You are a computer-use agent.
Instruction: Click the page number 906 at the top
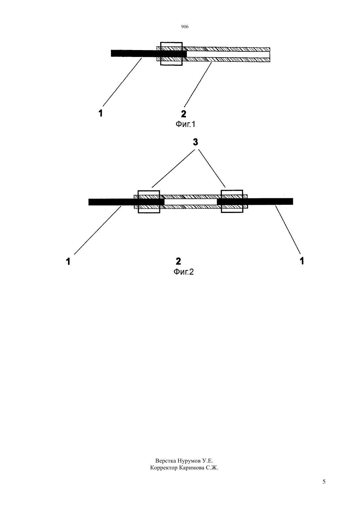click(x=185, y=26)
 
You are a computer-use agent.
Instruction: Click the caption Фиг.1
click(x=185, y=124)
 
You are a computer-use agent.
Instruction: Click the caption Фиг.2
click(x=184, y=272)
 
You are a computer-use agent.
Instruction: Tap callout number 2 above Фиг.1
click(x=184, y=114)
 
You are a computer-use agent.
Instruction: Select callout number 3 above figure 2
click(x=195, y=142)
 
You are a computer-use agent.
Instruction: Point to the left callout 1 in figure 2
click(x=68, y=262)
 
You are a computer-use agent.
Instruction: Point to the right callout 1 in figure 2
click(x=302, y=261)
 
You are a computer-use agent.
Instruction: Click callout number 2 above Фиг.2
click(x=178, y=261)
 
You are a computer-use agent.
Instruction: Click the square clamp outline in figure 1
click(x=160, y=54)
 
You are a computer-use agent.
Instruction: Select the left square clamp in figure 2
click(x=138, y=202)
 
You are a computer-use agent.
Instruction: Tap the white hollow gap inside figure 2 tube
click(x=190, y=202)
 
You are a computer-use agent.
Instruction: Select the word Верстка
click(x=166, y=461)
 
